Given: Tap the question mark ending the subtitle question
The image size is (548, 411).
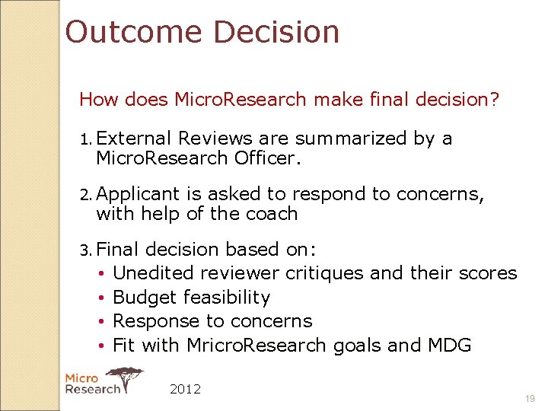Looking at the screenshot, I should click(495, 100).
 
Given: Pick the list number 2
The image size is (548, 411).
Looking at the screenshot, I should click(85, 195).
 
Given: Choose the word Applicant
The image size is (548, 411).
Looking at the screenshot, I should click(139, 195).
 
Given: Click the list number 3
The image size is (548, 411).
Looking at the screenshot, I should click(85, 250).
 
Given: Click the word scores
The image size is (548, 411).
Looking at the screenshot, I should click(487, 273).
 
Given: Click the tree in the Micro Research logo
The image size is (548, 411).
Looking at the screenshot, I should click(126, 375).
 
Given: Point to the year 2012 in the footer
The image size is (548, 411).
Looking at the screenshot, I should click(185, 389).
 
